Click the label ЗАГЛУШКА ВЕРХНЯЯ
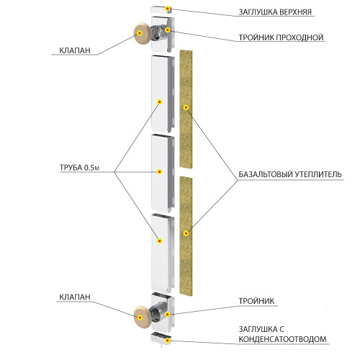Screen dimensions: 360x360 [x=275, y=12]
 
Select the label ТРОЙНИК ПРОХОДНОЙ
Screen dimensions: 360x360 [x=281, y=37]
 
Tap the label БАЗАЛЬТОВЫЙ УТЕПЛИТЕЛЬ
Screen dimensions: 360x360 [x=290, y=174]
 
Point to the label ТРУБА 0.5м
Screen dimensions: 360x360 [x=79, y=168]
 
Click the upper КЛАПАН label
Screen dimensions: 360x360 [x=75, y=50]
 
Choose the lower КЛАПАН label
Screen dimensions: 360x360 [x=75, y=297]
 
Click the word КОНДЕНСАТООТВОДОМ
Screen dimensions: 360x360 [x=282, y=339]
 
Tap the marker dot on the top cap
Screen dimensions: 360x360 [x=168, y=9]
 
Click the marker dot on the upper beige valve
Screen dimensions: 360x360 [x=140, y=33]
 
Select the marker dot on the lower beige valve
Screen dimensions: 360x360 [x=140, y=318]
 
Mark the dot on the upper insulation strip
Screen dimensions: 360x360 [x=186, y=107]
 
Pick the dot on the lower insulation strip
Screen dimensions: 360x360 [x=186, y=233]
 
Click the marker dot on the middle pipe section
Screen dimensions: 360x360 [x=160, y=172]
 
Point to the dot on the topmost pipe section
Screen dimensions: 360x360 [x=160, y=102]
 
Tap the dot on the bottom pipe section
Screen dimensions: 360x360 [x=160, y=241]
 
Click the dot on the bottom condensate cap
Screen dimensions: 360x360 [x=168, y=341]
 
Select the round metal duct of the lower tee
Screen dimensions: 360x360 [x=157, y=311]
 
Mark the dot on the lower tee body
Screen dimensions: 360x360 [x=168, y=315]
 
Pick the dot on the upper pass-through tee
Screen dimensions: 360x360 [x=168, y=30]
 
